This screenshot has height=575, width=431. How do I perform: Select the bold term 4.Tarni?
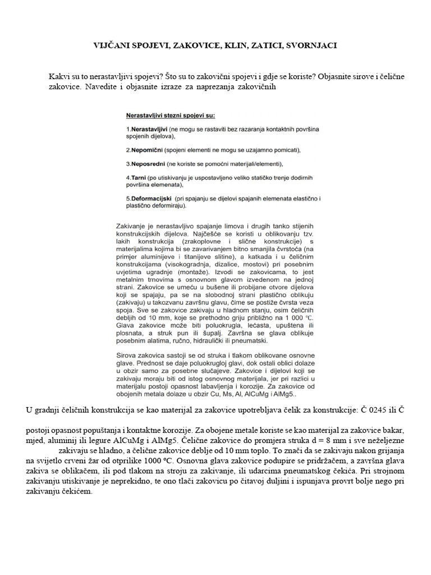coord(137,177)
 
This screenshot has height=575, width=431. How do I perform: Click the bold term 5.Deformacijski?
coord(150,199)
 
